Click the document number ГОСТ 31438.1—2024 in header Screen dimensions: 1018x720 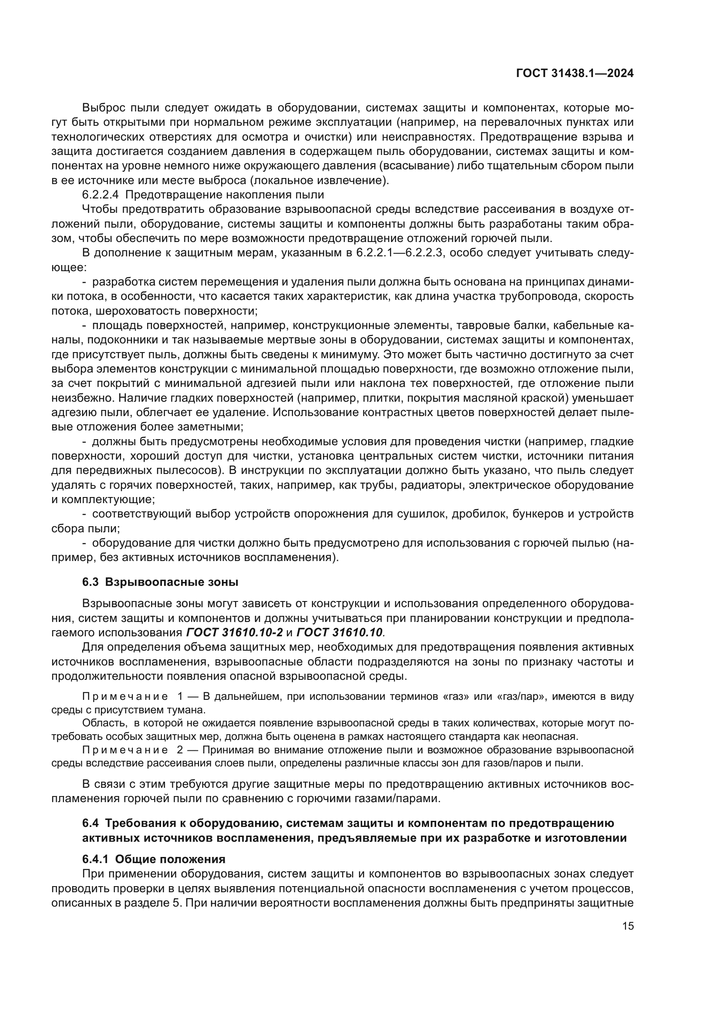pos(575,74)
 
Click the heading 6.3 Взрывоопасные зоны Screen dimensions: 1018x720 pos(160,582)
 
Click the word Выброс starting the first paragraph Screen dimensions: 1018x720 pos(104,108)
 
